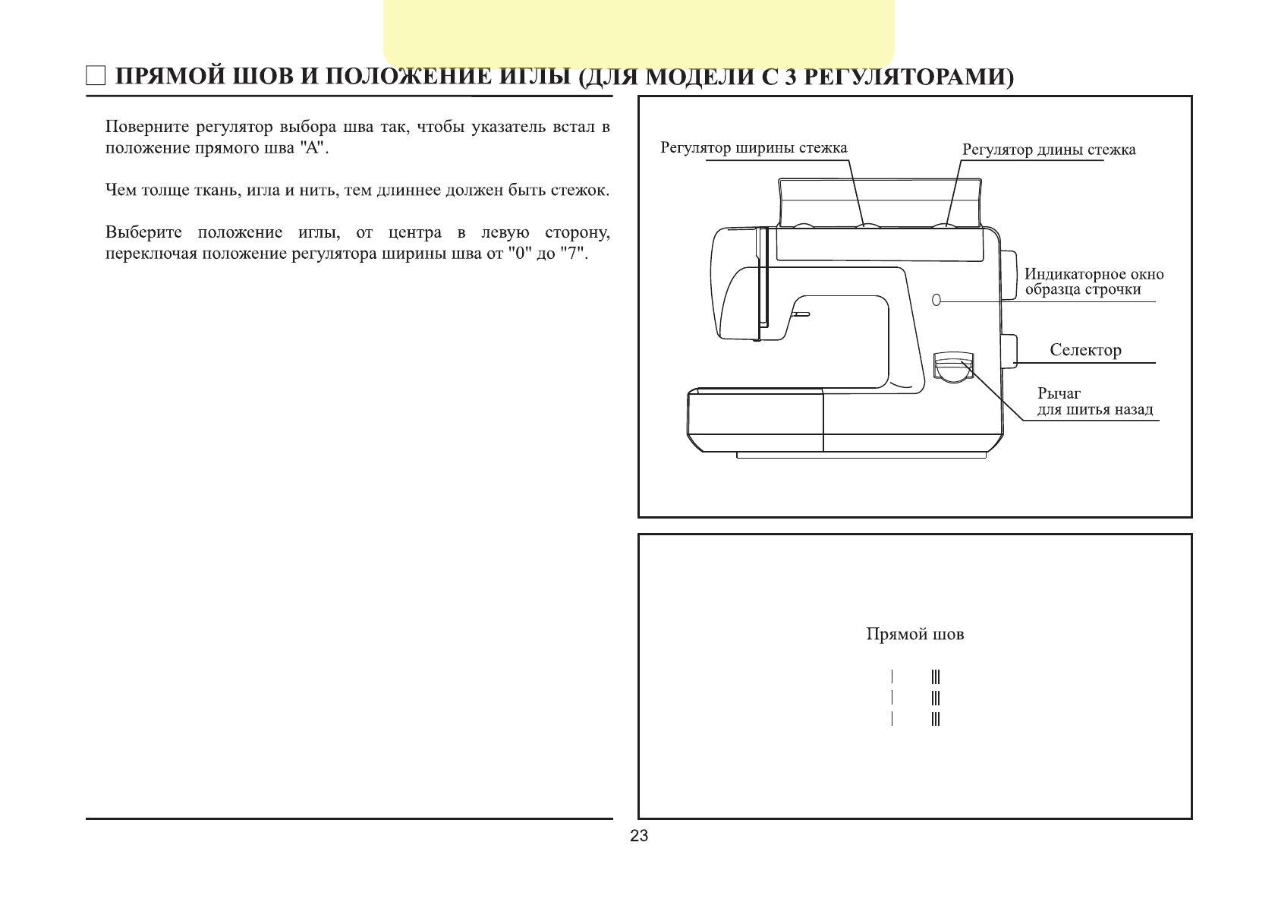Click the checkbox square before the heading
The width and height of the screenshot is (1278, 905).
[x=96, y=77]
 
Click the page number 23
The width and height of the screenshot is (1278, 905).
[x=639, y=836]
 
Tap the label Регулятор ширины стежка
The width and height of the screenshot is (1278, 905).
[x=754, y=148]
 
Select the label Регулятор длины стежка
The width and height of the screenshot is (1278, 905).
[x=1049, y=150]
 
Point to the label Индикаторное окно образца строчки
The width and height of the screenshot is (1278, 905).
[x=1093, y=282]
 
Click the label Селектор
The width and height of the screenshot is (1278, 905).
[x=1085, y=350]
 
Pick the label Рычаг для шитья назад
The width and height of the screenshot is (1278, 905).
[x=1094, y=402]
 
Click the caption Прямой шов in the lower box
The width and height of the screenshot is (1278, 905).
[x=914, y=634]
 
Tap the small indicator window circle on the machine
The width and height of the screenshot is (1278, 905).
[x=936, y=299]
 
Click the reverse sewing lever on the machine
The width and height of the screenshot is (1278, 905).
[x=953, y=367]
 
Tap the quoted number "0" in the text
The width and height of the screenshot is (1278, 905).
[x=518, y=254]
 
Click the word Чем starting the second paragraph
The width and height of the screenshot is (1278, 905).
[x=120, y=190]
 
